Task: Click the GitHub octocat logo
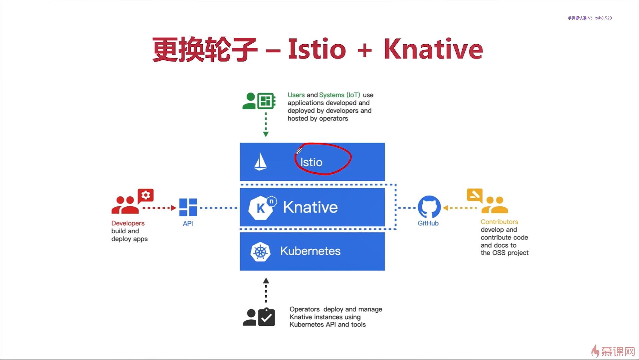click(429, 207)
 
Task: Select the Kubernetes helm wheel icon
click(260, 252)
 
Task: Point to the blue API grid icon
click(188, 207)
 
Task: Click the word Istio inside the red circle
click(311, 162)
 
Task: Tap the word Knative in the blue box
click(310, 207)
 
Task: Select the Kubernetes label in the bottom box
click(310, 251)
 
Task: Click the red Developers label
click(128, 223)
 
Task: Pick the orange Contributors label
click(499, 222)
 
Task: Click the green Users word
click(296, 95)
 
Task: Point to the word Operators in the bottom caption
click(305, 309)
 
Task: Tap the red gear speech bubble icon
click(146, 195)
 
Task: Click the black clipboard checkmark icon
click(267, 317)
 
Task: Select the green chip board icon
click(266, 101)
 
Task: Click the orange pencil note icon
click(475, 195)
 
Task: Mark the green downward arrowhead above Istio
click(266, 134)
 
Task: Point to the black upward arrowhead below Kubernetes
click(266, 281)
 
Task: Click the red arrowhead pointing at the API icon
click(173, 208)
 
